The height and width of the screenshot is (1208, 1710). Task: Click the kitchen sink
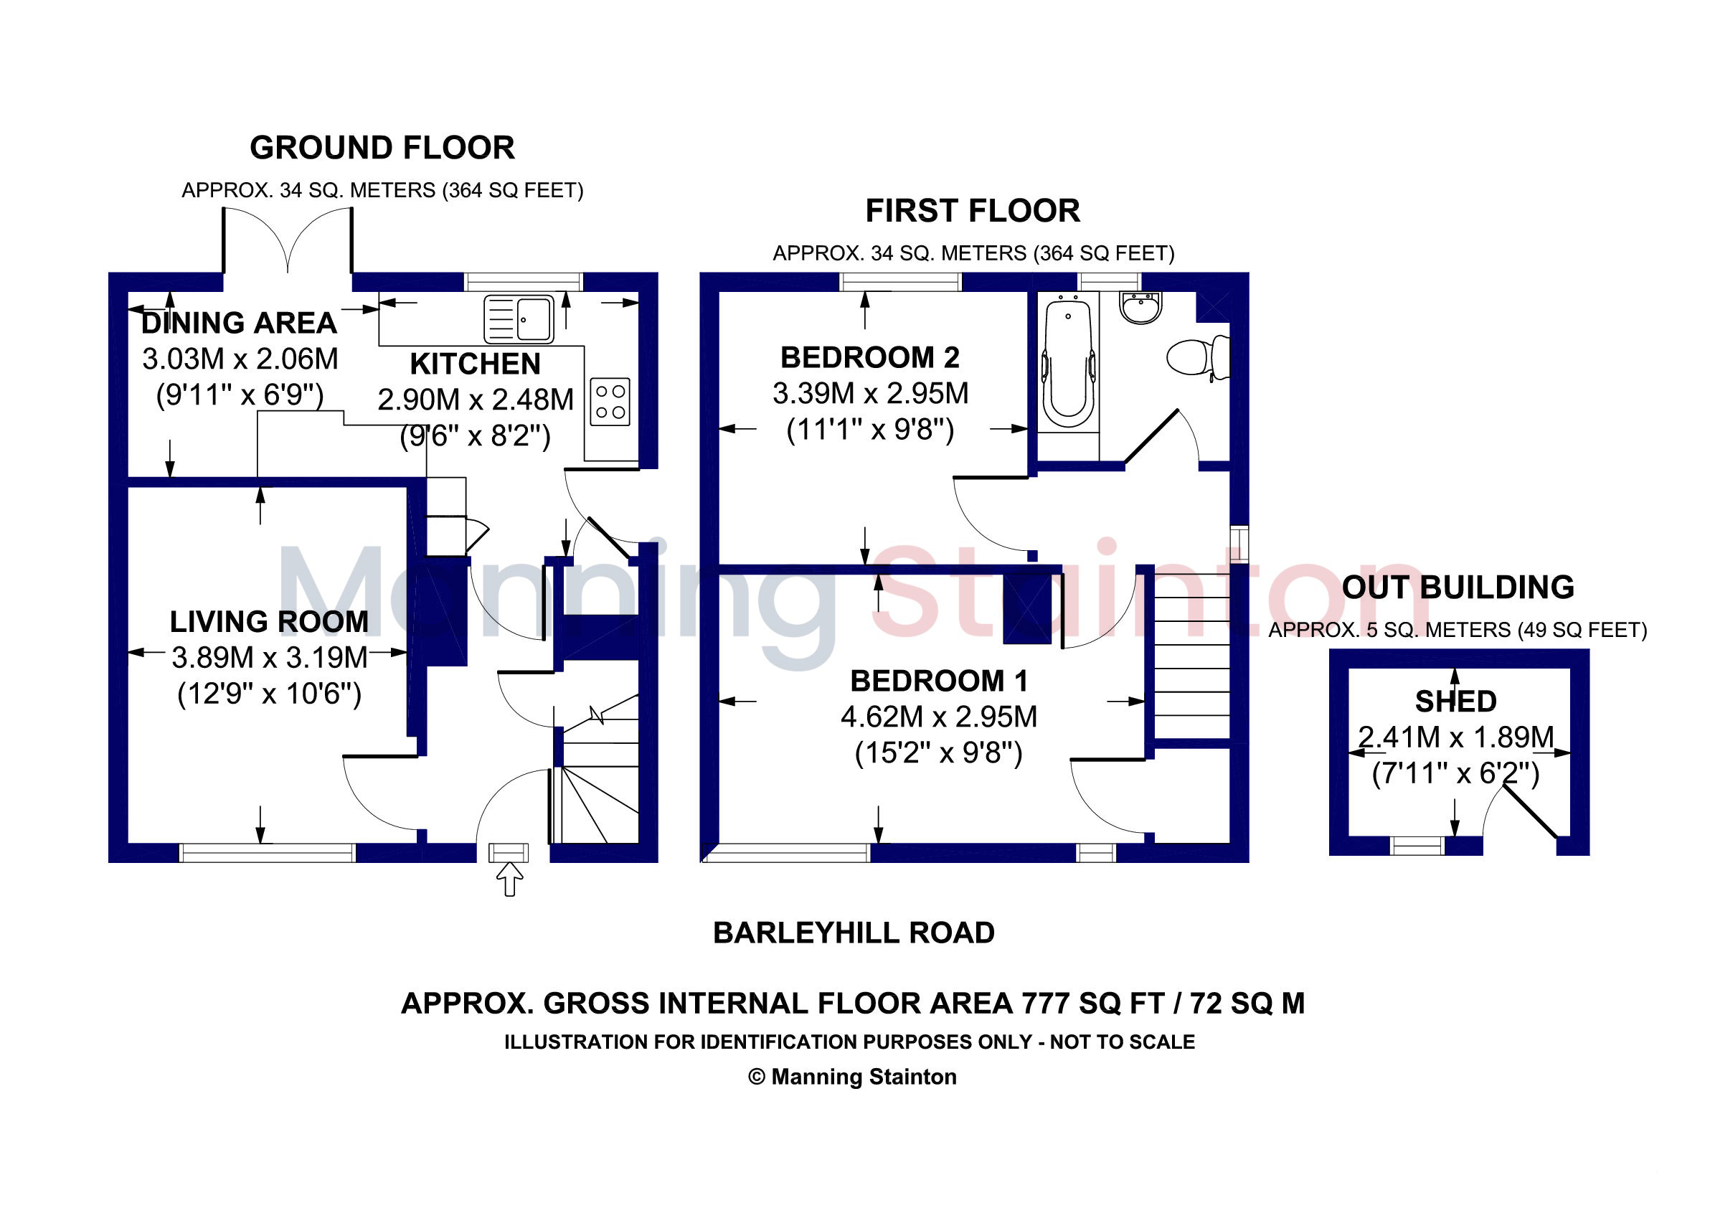tap(519, 318)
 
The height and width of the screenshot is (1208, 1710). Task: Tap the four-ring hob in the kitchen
tap(610, 402)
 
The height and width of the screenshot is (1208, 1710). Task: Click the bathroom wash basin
tap(1140, 307)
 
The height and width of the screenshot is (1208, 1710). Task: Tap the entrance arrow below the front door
tap(509, 879)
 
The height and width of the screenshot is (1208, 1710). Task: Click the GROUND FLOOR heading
tap(382, 148)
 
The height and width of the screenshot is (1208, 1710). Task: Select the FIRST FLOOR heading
tap(973, 211)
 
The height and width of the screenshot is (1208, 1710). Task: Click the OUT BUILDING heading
tap(1458, 588)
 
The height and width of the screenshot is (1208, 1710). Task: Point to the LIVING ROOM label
tap(269, 622)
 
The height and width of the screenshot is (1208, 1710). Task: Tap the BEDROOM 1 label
tap(939, 681)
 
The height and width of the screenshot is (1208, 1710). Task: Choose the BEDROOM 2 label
tap(870, 357)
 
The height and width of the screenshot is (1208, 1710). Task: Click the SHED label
tap(1456, 702)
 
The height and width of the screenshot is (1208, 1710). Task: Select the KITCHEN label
tap(475, 364)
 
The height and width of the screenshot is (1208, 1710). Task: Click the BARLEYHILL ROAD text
tap(854, 933)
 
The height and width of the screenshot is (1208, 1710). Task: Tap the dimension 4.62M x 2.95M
tap(939, 717)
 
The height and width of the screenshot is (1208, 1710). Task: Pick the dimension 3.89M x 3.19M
tap(270, 658)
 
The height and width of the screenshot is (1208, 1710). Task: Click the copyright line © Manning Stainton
tap(853, 1077)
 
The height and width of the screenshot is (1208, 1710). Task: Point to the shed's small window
tap(1418, 845)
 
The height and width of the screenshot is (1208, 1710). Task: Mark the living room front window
tap(268, 853)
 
